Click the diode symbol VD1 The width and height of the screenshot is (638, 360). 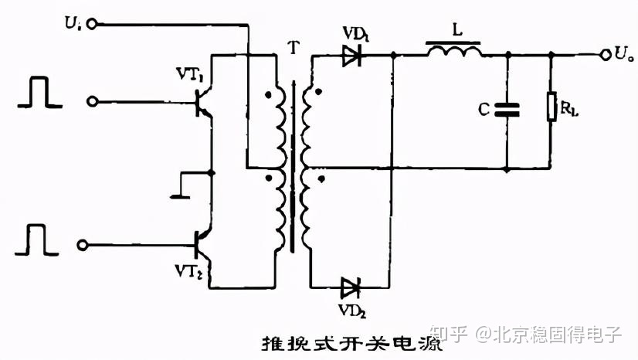click(352, 55)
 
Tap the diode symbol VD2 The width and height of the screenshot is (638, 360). click(351, 288)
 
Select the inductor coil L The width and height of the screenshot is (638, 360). click(454, 51)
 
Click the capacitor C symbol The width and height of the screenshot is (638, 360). click(507, 110)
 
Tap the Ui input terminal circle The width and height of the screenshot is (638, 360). click(93, 25)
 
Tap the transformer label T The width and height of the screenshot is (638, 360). click(291, 44)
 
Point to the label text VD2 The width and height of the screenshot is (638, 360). click(351, 311)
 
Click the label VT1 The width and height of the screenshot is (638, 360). click(189, 76)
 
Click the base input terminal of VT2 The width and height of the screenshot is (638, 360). click(80, 245)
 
